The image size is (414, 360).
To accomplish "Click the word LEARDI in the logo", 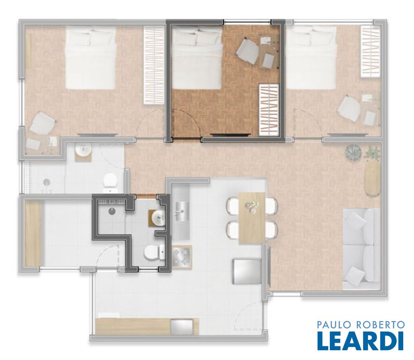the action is pyautogui.click(x=361, y=340).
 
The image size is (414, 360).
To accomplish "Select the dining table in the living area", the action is pyautogui.click(x=252, y=218).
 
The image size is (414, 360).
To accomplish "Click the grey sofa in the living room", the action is pyautogui.click(x=361, y=248).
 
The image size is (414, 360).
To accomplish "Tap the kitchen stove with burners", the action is pyautogui.click(x=182, y=257).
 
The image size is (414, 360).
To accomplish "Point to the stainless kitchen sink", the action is pyautogui.click(x=182, y=211).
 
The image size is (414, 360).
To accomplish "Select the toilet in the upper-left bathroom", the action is pyautogui.click(x=111, y=181).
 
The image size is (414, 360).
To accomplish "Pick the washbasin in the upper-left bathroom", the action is pyautogui.click(x=83, y=150).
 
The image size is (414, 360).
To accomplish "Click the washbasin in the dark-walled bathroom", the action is pyautogui.click(x=158, y=218).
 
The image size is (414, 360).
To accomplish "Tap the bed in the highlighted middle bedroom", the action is pyautogui.click(x=197, y=58).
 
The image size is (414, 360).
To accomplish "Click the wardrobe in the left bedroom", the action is pyautogui.click(x=154, y=65).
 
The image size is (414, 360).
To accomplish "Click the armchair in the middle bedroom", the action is pyautogui.click(x=247, y=51).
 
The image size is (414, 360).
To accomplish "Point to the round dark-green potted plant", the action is pyautogui.click(x=353, y=153).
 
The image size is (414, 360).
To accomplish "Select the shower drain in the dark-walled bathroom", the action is pyautogui.click(x=112, y=210).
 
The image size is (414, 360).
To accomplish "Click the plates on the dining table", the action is pyautogui.click(x=251, y=206).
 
